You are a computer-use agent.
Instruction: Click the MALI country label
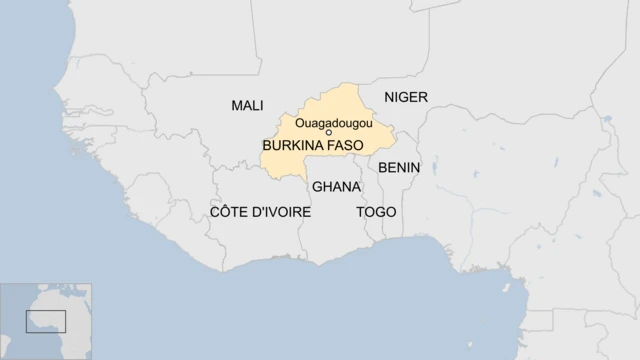[247, 105]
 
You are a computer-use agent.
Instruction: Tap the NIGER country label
[405, 97]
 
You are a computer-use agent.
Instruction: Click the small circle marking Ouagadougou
[329, 133]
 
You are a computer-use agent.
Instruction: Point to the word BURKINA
[293, 145]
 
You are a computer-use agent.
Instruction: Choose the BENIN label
[399, 167]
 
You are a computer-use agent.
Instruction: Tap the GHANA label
[336, 187]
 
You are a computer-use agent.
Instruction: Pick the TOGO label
[376, 213]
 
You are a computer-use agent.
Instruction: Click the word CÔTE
[229, 213]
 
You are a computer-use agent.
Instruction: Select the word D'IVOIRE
[281, 213]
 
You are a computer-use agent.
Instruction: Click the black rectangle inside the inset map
[46, 321]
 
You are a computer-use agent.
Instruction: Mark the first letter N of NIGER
[390, 97]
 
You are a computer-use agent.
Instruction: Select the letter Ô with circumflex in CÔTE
[225, 212]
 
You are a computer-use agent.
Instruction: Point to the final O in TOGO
[390, 213]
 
